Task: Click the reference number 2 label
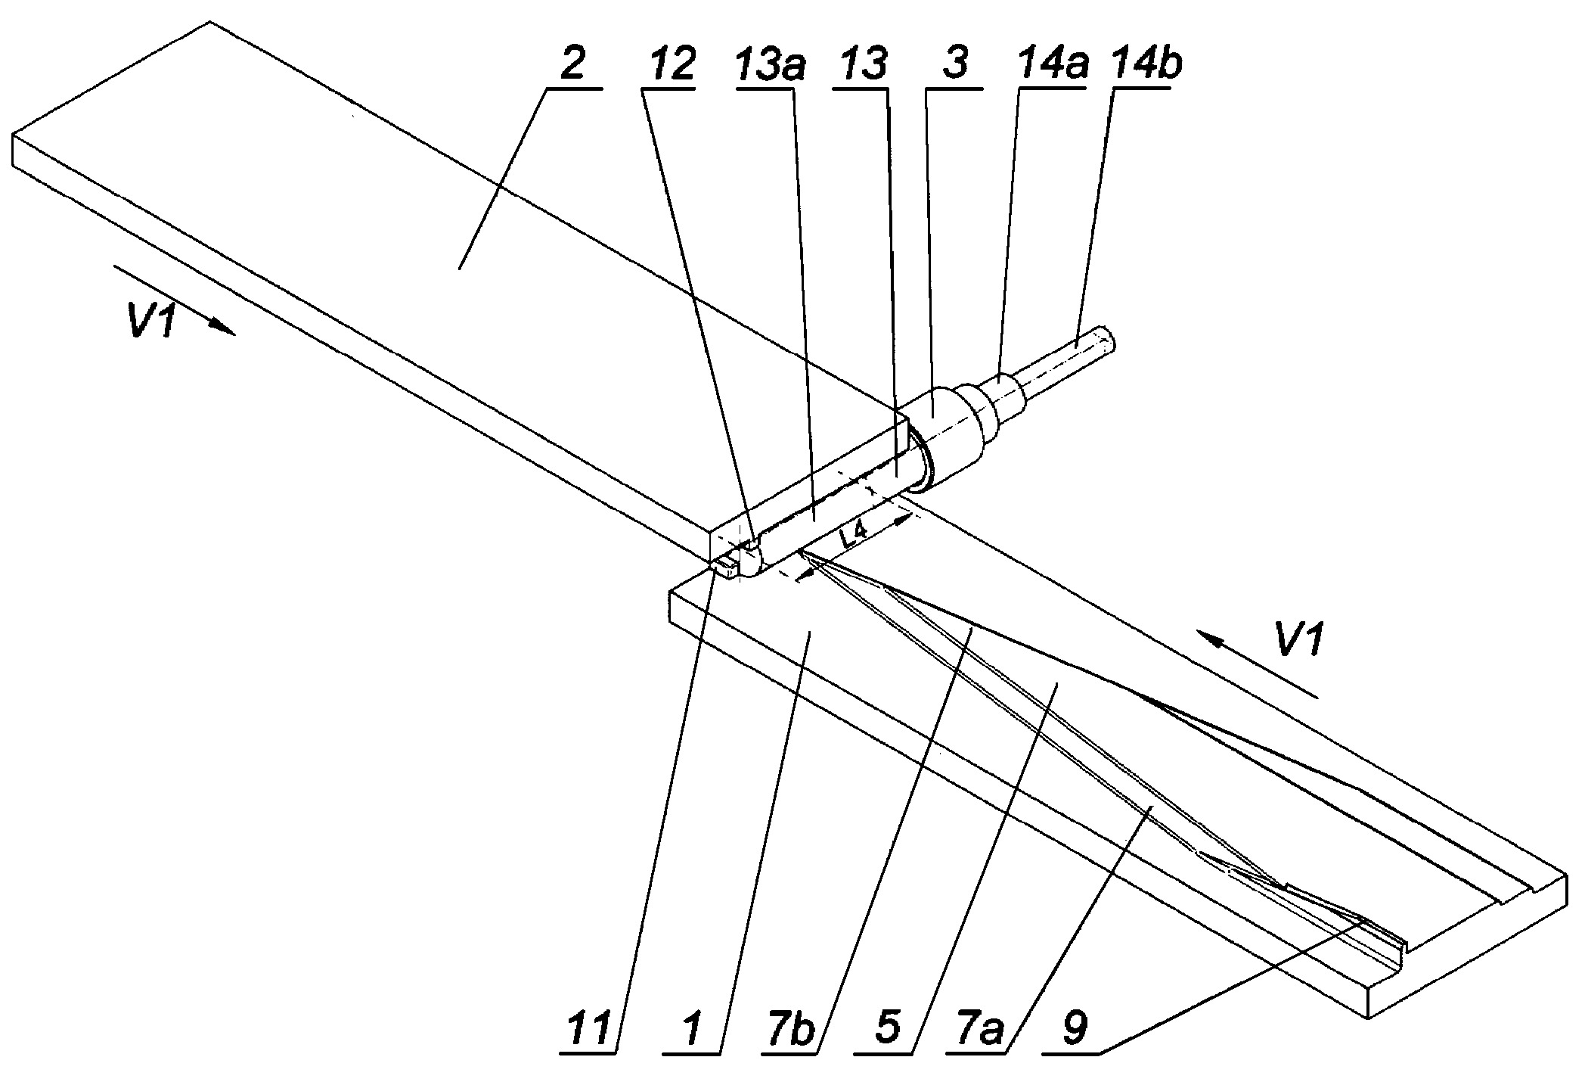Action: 573,66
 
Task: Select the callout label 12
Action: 668,66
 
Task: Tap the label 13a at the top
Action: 771,66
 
